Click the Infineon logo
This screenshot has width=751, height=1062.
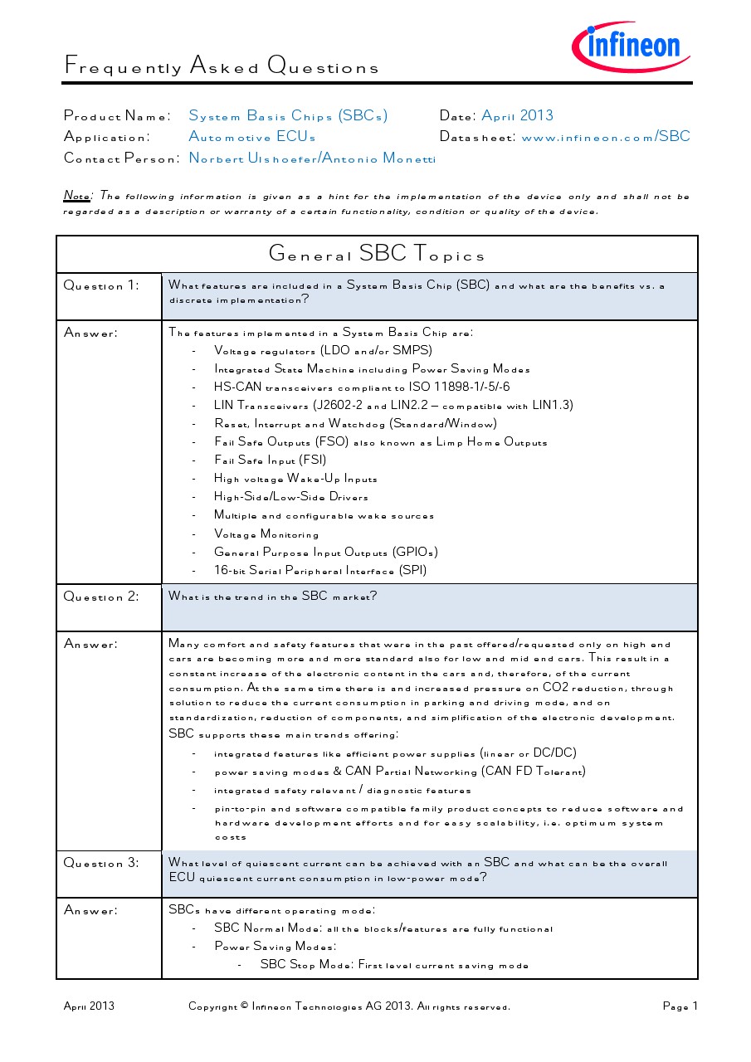tap(632, 46)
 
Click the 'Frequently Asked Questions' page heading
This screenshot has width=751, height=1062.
tap(222, 66)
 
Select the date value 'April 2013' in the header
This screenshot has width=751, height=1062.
tap(517, 115)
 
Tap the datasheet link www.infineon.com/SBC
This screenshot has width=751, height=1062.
tap(606, 137)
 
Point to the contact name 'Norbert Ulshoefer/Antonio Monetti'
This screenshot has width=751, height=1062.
tap(312, 158)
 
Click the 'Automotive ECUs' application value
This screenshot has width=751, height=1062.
tap(252, 137)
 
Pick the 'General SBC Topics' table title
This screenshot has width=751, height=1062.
tap(377, 254)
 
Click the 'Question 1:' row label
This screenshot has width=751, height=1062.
tap(101, 285)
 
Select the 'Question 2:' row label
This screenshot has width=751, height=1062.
tap(101, 597)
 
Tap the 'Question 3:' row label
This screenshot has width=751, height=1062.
tap(101, 863)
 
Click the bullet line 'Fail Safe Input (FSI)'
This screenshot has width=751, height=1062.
tap(270, 460)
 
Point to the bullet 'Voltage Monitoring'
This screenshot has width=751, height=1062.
tap(266, 534)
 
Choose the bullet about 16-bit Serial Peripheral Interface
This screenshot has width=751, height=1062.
tap(320, 571)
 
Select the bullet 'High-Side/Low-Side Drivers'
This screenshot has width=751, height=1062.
tap(290, 497)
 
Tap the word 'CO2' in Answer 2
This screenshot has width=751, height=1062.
tap(555, 688)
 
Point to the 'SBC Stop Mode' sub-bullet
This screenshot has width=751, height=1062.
tap(394, 965)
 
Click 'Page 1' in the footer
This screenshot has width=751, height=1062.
tap(680, 1006)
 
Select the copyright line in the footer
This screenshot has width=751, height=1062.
tap(349, 1006)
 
